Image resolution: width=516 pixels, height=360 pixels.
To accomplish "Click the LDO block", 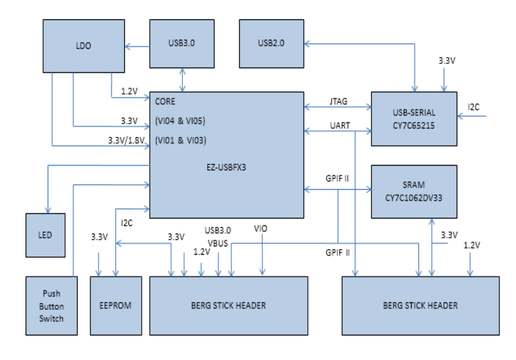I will (x=84, y=46).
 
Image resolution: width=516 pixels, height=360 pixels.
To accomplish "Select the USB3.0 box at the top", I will (x=182, y=43).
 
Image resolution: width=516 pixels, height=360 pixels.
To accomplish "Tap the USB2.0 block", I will (x=271, y=43).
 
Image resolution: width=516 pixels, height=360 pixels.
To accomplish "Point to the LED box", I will (x=46, y=235).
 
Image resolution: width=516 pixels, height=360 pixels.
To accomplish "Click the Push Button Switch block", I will (x=51, y=306).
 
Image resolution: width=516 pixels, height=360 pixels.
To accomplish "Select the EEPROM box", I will (x=115, y=306).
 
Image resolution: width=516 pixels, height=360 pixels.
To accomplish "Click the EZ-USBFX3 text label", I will (x=227, y=168).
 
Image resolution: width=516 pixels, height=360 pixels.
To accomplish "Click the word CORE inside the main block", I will (x=166, y=102).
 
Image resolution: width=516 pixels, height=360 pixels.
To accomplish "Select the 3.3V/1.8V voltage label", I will (x=124, y=140).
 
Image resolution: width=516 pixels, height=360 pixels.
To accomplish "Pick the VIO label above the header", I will (x=261, y=229).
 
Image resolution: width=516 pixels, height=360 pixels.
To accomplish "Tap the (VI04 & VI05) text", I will (x=180, y=121).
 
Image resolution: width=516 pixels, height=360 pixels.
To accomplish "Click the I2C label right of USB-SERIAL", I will (x=474, y=107).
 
